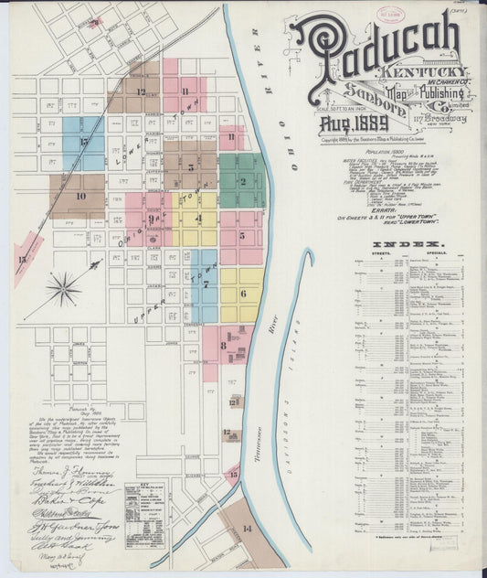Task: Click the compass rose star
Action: [63, 290]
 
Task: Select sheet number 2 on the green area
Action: [242, 180]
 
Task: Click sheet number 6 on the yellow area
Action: [242, 294]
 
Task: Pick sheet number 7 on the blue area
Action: [206, 284]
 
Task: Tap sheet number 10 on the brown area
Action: [80, 196]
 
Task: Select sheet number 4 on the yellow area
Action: [198, 219]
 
